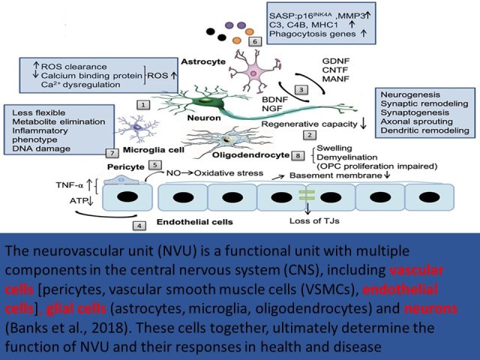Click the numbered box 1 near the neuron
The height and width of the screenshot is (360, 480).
point(143,105)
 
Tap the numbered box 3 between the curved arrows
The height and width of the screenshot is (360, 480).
point(301,90)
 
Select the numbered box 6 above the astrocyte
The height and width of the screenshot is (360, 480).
point(255,41)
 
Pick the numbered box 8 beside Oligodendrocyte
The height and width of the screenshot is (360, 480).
point(298,155)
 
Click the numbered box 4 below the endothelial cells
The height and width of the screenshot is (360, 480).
point(139,226)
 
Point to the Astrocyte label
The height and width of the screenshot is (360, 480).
point(203,61)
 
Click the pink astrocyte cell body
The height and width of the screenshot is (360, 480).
point(253,73)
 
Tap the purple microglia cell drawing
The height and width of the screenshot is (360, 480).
point(137,129)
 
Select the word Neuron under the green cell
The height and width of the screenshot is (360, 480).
point(204,118)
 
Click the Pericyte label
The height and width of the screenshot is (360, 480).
point(126,167)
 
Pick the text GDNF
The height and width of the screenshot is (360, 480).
point(336,61)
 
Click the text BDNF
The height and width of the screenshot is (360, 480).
point(275,100)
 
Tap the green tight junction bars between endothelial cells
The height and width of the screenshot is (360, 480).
point(307,195)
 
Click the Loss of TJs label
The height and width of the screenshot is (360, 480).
point(314,220)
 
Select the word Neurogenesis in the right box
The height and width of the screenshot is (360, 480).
point(410,94)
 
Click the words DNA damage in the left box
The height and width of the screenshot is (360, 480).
point(41,148)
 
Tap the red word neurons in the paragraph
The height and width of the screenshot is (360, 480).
point(431,308)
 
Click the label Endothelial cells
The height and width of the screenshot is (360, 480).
point(195,222)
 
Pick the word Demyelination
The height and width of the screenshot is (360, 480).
point(347,157)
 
